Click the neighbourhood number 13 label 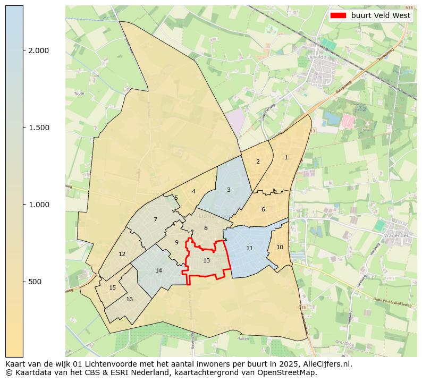(x=206, y=260)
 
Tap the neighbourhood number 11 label (x=249, y=248)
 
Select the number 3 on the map (x=229, y=190)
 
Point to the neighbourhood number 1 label (x=286, y=157)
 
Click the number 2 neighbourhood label (x=258, y=162)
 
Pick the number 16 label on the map (x=129, y=299)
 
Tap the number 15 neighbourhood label (x=112, y=287)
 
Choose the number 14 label (x=158, y=270)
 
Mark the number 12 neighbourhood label (x=122, y=254)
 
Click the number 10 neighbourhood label (x=280, y=247)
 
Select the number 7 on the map (x=155, y=219)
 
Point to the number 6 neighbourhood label (x=263, y=209)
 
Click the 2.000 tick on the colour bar (x=38, y=50)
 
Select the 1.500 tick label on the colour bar (x=38, y=128)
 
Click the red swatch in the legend (x=338, y=16)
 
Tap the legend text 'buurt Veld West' (x=381, y=16)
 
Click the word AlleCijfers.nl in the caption (x=328, y=364)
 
